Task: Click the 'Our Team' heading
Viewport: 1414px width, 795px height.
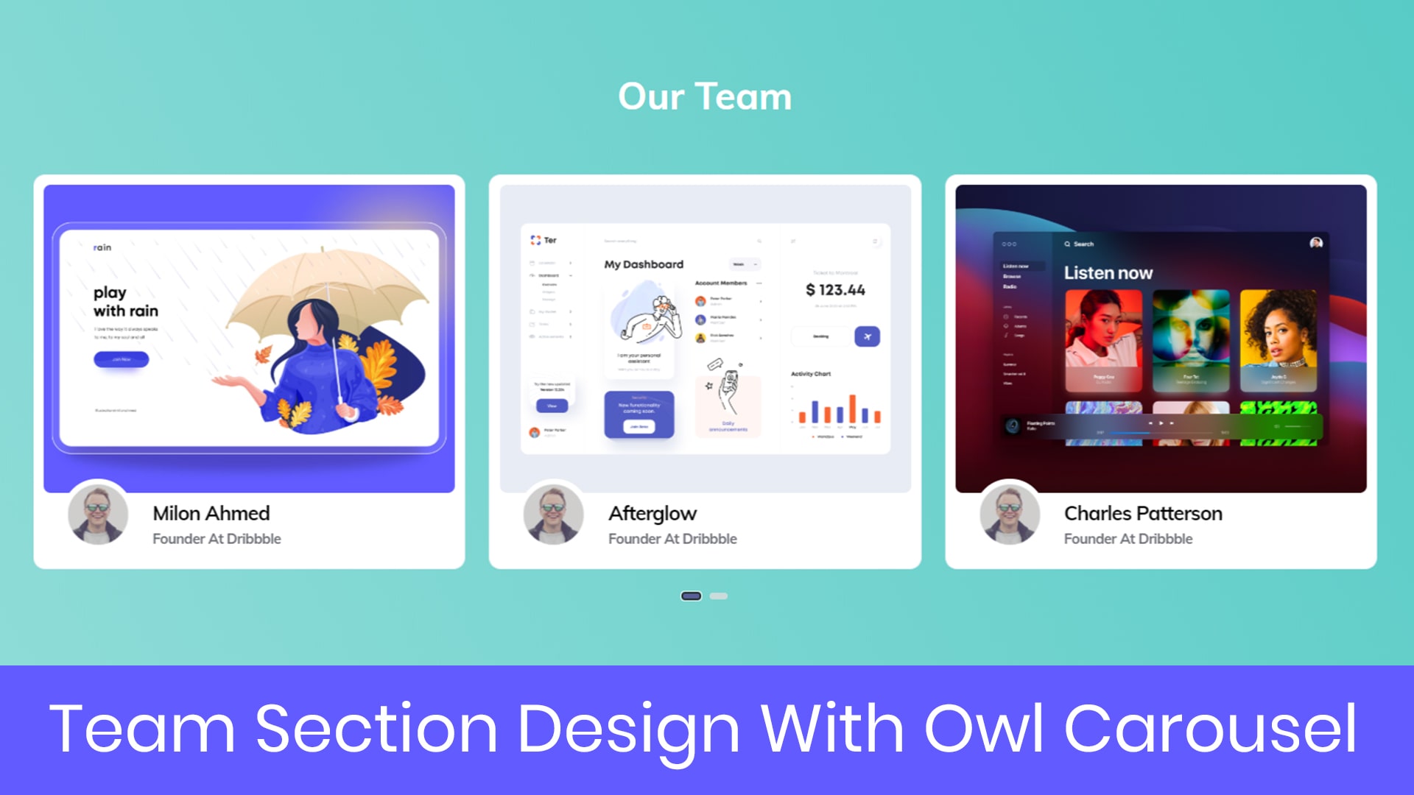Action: pos(705,96)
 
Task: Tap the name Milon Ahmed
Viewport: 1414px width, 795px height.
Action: pos(211,513)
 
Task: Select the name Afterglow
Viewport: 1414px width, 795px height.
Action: pos(653,513)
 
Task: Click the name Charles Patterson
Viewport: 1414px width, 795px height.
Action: pos(1143,513)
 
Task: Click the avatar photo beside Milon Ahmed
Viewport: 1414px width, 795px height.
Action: pos(98,514)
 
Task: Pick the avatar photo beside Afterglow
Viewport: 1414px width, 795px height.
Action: pos(554,514)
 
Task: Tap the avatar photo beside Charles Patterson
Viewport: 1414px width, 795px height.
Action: pos(1010,514)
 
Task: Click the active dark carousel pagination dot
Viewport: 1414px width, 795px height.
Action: pos(691,596)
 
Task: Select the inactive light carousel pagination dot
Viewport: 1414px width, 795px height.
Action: pos(719,596)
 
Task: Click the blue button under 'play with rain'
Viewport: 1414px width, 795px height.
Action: pos(121,359)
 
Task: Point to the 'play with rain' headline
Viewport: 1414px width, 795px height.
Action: pos(125,302)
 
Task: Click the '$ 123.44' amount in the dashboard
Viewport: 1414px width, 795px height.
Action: pos(835,290)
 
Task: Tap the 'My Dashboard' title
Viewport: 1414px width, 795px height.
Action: pos(644,264)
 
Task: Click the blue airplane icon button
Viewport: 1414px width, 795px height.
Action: pos(867,336)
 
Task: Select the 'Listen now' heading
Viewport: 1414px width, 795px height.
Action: pos(1108,273)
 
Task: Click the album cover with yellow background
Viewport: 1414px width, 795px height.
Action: pos(1278,339)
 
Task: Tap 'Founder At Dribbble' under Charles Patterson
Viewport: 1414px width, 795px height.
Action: pos(1128,539)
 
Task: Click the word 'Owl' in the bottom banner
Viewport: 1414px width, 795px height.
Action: pos(983,729)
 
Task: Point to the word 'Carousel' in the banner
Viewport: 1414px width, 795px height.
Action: pos(1210,729)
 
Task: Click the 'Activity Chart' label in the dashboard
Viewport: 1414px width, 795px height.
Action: pos(811,374)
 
